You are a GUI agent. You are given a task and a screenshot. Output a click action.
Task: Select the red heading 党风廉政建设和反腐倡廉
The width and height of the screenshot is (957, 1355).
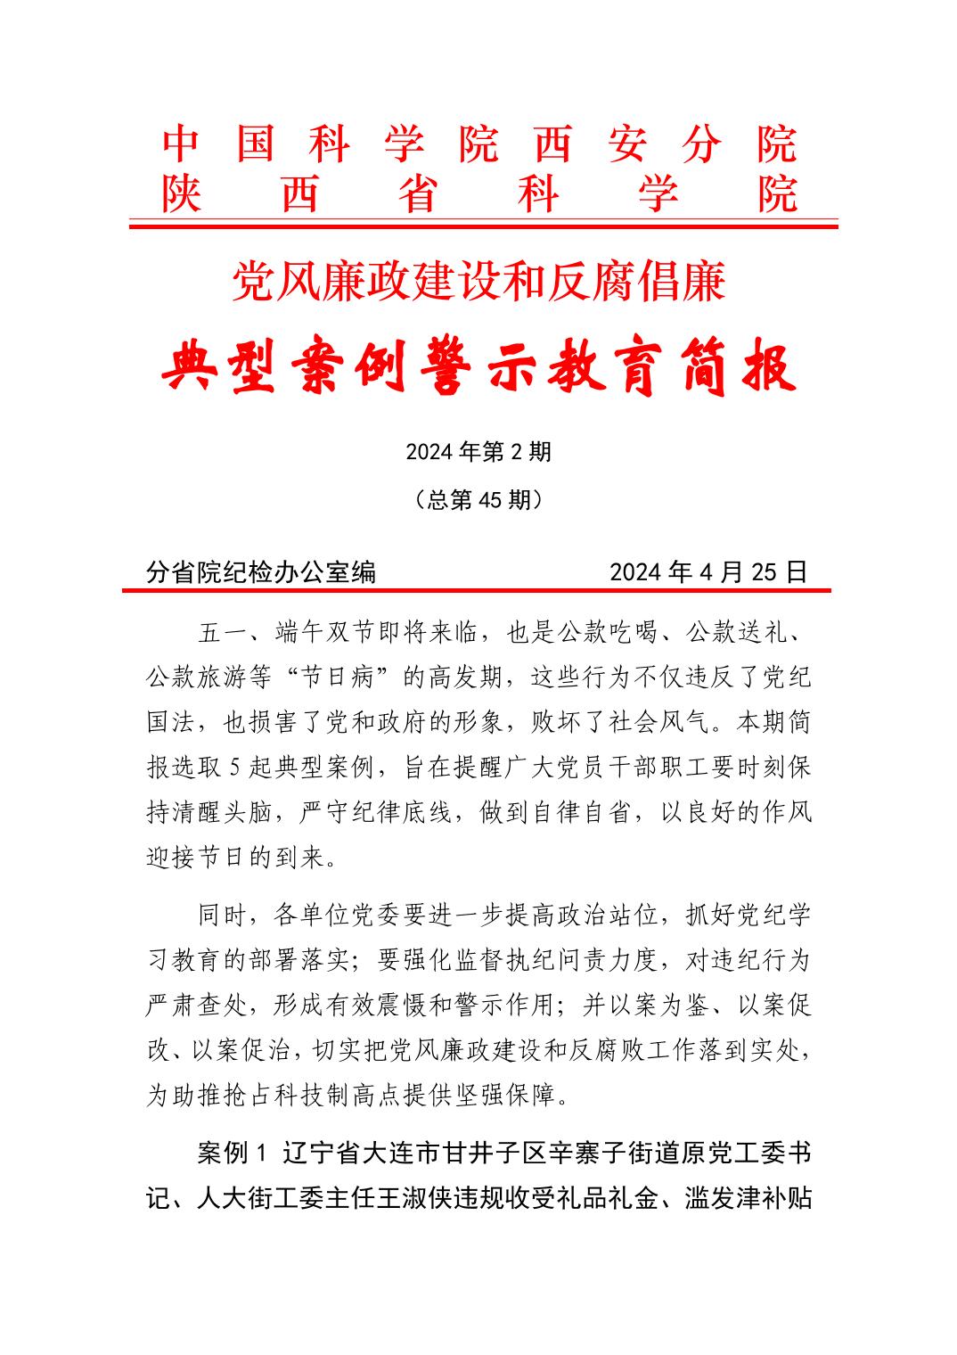click(x=478, y=282)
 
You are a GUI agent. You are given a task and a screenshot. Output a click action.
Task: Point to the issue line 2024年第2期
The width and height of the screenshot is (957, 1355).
click(x=478, y=452)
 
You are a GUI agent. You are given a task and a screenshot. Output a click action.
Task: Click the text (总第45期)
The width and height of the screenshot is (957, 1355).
click(x=478, y=501)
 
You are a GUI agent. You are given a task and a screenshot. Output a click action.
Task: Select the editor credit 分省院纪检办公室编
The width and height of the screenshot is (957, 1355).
click(x=261, y=571)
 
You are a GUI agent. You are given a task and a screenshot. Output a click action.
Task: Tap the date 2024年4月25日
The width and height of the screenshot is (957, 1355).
click(x=708, y=571)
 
